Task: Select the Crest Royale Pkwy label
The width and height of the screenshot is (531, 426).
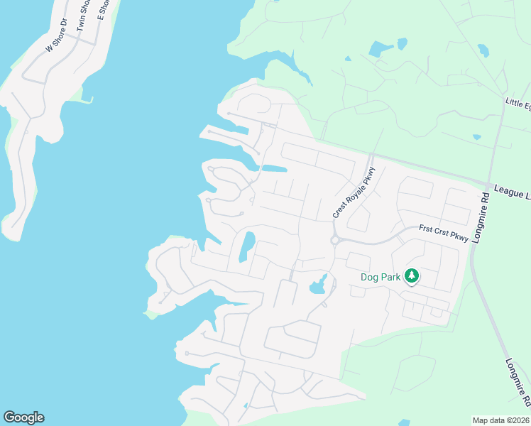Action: pos(353,192)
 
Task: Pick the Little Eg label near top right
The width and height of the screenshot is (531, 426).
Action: pos(518,104)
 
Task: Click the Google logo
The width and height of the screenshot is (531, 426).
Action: pos(23,417)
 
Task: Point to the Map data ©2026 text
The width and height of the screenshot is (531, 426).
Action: pos(501,420)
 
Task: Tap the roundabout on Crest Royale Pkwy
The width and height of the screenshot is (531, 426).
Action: pos(334,240)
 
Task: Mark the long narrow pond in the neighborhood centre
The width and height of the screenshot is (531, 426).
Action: pos(246,246)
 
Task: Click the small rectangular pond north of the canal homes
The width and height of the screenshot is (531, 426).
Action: pos(274,169)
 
